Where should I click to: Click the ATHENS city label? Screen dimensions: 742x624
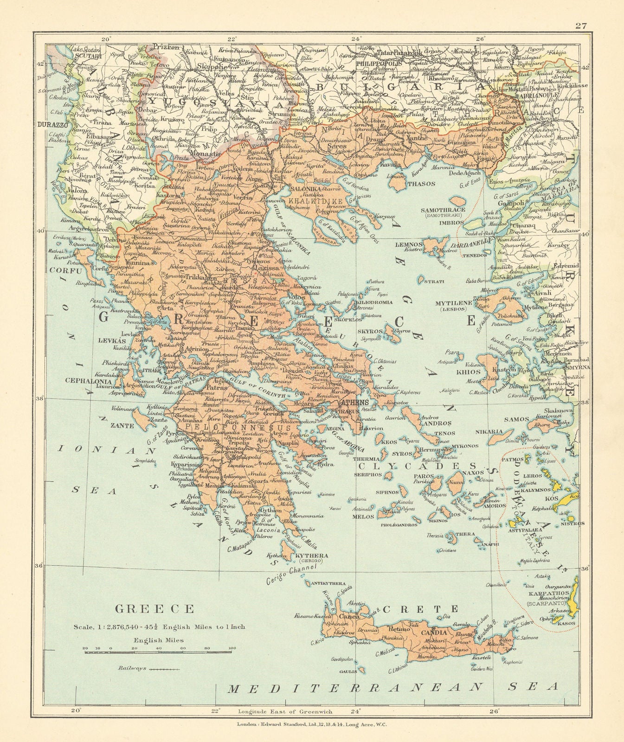(x=355, y=402)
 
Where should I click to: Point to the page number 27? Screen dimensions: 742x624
(x=581, y=26)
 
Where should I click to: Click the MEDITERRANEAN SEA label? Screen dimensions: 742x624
(x=392, y=687)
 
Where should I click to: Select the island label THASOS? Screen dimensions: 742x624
(x=421, y=184)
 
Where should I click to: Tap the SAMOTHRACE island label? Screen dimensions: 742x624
(x=443, y=210)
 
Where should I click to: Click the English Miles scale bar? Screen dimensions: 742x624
(x=158, y=652)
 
